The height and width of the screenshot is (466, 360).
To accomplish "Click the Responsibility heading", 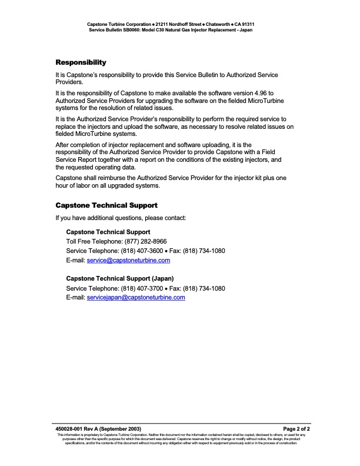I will pos(81,62).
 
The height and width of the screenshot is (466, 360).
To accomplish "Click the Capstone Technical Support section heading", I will pos(106,205).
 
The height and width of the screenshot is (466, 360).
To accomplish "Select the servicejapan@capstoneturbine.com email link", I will pos(136,297).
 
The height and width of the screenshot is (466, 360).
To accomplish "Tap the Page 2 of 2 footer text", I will pos(296,429).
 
